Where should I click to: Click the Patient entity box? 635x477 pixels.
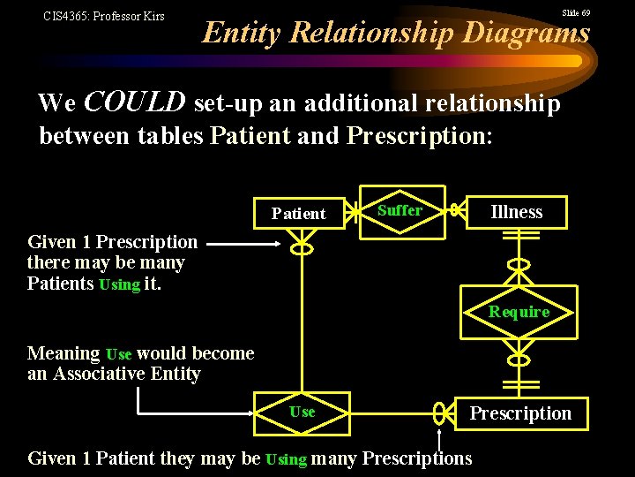click(299, 213)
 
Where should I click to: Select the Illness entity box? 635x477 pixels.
click(517, 212)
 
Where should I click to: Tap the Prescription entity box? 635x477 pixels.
click(520, 413)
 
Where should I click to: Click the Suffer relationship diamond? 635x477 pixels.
click(400, 211)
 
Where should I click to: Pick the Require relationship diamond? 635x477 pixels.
click(519, 312)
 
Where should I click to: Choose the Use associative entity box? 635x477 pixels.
click(303, 413)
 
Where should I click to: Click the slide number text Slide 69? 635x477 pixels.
click(576, 13)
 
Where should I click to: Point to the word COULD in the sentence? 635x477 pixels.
click(134, 103)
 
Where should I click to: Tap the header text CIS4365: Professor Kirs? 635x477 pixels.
click(104, 16)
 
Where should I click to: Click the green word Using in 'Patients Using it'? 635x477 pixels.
click(120, 284)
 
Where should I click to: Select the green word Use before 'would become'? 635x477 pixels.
click(118, 354)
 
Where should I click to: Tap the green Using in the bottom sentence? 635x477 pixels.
click(286, 459)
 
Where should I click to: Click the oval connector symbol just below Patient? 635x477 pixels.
click(302, 249)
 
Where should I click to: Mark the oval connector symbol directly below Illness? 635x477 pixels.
click(519, 264)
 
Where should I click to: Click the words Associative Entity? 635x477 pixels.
click(127, 374)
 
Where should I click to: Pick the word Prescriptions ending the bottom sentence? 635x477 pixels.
click(417, 458)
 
